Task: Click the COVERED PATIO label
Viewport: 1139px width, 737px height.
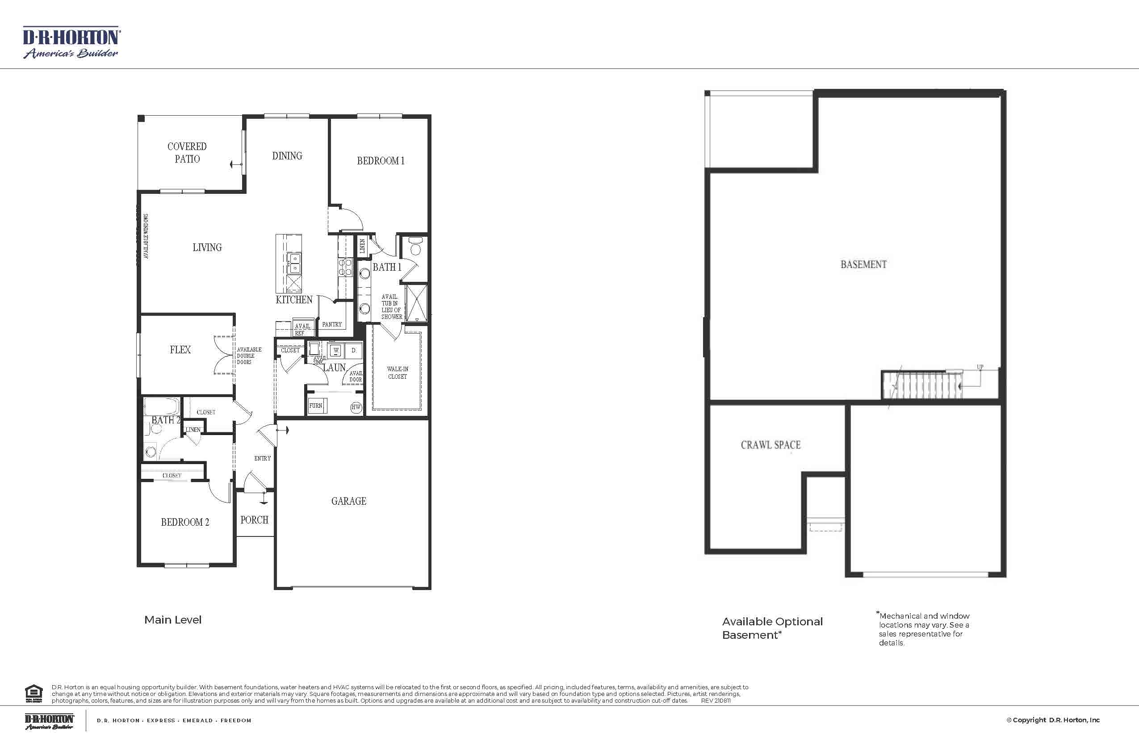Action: click(x=187, y=153)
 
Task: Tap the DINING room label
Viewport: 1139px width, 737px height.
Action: click(x=287, y=156)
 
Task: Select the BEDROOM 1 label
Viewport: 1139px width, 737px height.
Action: click(x=381, y=161)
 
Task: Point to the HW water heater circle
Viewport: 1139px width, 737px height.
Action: click(x=356, y=407)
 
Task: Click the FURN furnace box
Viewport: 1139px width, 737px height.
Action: click(x=316, y=406)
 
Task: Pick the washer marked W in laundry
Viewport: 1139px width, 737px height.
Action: click(x=336, y=350)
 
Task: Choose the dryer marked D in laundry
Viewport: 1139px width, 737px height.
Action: click(x=354, y=350)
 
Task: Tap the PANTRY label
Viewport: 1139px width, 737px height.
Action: click(x=331, y=324)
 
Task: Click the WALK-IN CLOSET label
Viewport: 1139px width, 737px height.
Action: click(x=397, y=373)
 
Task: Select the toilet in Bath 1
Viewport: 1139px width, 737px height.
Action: click(x=415, y=247)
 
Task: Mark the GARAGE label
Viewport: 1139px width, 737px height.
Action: click(x=348, y=501)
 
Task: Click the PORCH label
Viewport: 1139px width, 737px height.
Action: click(x=254, y=520)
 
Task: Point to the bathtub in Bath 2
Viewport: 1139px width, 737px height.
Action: click(x=162, y=407)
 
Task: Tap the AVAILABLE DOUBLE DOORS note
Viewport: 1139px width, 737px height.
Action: click(x=249, y=356)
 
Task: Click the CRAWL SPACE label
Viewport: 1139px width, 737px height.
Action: click(x=770, y=445)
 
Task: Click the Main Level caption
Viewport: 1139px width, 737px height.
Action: click(x=173, y=620)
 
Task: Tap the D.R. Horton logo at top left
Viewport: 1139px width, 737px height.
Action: click(x=71, y=43)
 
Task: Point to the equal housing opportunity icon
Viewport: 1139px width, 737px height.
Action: click(x=33, y=693)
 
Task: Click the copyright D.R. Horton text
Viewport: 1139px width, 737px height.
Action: click(x=1053, y=720)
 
